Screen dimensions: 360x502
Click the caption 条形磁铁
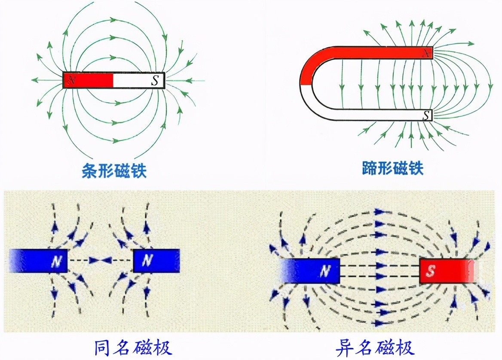[x=114, y=171]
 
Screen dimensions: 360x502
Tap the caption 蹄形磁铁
[x=392, y=168]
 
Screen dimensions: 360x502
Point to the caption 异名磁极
[x=374, y=347]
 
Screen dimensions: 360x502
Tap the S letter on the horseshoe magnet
[x=425, y=115]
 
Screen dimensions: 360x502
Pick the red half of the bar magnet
[x=89, y=80]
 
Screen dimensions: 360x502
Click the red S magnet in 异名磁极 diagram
[x=447, y=271]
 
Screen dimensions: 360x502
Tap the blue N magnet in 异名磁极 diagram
[x=310, y=271]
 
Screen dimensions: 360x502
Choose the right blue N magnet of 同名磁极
[x=156, y=261]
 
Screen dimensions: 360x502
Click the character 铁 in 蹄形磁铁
[x=415, y=168]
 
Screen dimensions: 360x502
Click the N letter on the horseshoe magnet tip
[x=426, y=53]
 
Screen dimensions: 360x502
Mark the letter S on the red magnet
[x=431, y=271]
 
